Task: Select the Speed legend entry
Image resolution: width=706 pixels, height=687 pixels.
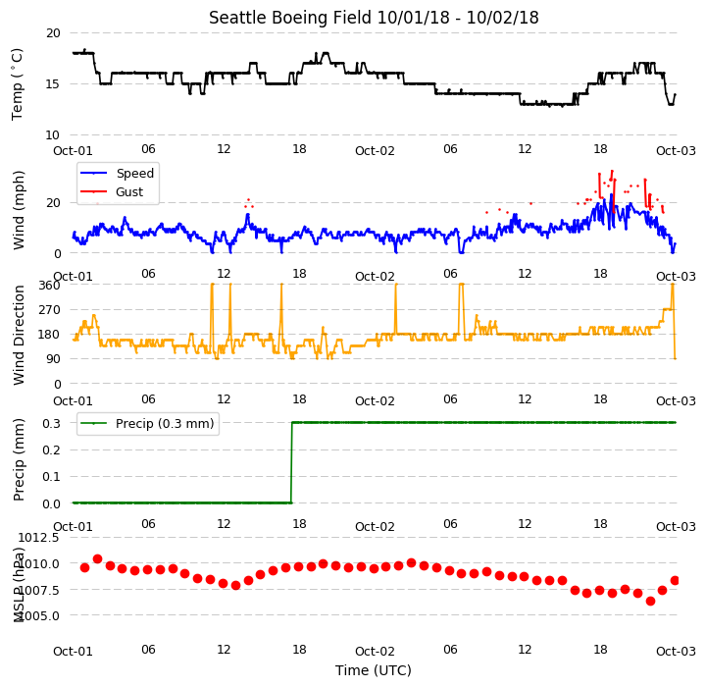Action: pyautogui.click(x=117, y=173)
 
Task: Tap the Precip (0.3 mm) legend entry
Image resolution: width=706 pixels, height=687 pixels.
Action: pyautogui.click(x=147, y=423)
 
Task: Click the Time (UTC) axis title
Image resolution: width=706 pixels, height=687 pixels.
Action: pyautogui.click(x=374, y=670)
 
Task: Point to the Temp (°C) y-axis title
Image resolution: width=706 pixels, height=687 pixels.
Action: pyautogui.click(x=17, y=84)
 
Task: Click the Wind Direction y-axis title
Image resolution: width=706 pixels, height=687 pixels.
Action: pyautogui.click(x=19, y=335)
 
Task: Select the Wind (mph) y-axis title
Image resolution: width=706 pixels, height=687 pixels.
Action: pyautogui.click(x=19, y=210)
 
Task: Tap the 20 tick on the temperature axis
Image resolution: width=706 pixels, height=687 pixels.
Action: pyautogui.click(x=53, y=33)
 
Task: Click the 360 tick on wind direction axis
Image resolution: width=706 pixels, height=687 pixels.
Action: pyautogui.click(x=50, y=286)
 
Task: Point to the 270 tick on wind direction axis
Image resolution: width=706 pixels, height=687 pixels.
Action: pyautogui.click(x=50, y=310)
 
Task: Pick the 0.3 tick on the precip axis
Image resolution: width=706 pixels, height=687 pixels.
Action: pyautogui.click(x=51, y=423)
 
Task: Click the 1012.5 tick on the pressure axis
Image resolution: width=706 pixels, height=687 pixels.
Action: pyautogui.click(x=38, y=538)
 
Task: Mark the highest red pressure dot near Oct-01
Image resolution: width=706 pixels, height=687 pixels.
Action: pyautogui.click(x=97, y=559)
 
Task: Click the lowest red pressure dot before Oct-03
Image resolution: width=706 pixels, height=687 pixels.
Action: pyautogui.click(x=650, y=601)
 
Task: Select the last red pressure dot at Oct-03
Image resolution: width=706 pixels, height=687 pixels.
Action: pyautogui.click(x=675, y=581)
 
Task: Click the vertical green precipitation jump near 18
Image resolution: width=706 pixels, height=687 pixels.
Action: pyautogui.click(x=291, y=462)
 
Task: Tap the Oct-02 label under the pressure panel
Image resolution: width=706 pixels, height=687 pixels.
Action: pyautogui.click(x=375, y=652)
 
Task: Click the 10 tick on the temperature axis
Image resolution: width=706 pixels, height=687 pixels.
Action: pyautogui.click(x=53, y=134)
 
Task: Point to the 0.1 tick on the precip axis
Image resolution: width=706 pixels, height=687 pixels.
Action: pyautogui.click(x=51, y=476)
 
